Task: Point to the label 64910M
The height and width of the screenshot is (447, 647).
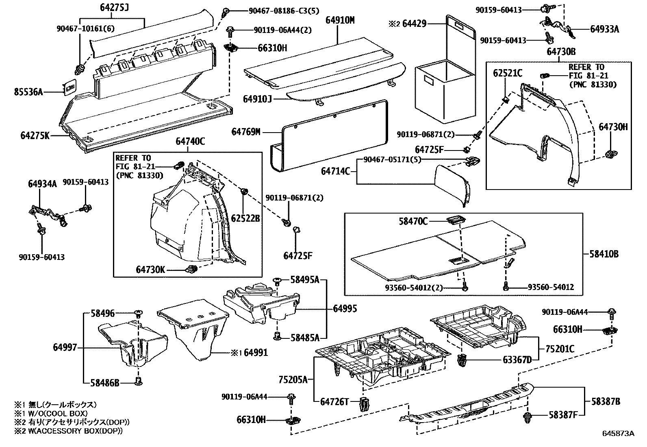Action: [x=340, y=20]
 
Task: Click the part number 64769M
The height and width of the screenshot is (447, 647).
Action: [x=245, y=132]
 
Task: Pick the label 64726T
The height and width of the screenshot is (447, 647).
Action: [x=334, y=402]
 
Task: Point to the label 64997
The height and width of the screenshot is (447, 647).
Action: [x=65, y=347]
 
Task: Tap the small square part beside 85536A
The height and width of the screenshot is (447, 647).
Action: [x=70, y=88]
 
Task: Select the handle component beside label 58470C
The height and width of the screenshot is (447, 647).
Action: [x=455, y=220]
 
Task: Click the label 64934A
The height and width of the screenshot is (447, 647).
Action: [x=42, y=183]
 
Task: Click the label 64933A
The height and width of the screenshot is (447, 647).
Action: [x=604, y=29]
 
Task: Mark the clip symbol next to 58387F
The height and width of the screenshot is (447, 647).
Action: [x=528, y=416]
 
